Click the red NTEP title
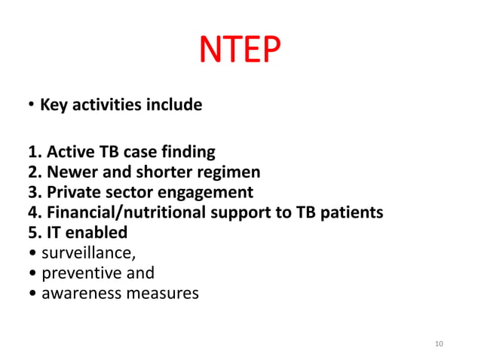240,51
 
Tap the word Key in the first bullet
54,105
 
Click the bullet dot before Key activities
32,105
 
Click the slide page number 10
440,344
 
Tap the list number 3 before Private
33,192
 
